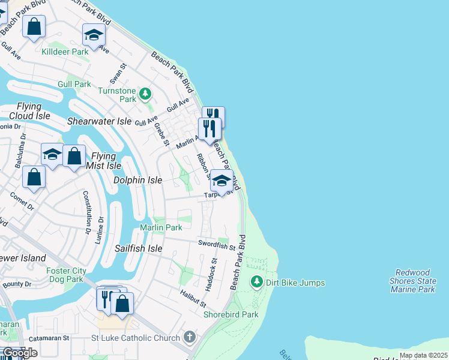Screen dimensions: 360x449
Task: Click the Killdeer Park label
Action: (65, 52)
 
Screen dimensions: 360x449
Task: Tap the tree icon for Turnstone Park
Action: (145, 94)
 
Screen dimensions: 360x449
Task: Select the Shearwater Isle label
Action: (99, 121)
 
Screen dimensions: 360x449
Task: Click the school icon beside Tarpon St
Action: (221, 181)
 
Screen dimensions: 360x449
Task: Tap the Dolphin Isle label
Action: (137, 180)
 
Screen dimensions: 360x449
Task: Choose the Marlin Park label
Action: (161, 227)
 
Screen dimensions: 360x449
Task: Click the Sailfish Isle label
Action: (139, 248)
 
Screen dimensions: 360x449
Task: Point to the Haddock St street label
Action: (211, 275)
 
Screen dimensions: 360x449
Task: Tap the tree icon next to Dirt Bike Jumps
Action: (256, 281)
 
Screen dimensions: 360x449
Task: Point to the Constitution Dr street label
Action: (86, 212)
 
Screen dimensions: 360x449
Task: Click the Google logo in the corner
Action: (20, 353)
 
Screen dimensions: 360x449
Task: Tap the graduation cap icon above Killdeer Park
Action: (94, 35)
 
